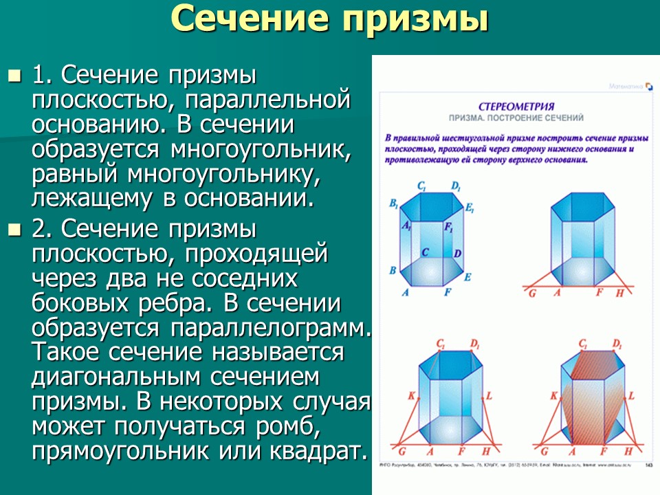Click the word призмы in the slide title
[412, 19]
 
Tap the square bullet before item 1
[14, 74]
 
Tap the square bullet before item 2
[14, 229]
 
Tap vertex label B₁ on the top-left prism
[394, 203]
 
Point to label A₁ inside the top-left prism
[407, 226]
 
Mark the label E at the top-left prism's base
[467, 277]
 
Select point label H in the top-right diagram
[619, 293]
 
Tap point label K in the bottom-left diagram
[410, 396]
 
